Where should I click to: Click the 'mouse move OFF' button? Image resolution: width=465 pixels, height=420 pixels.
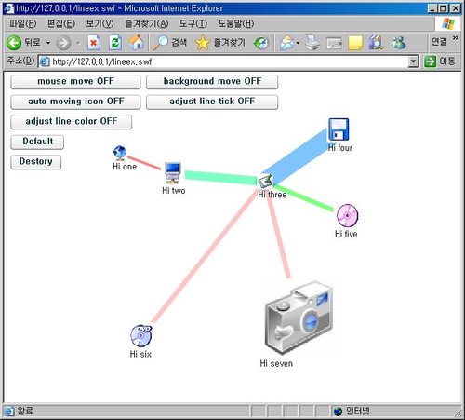[x=75, y=82]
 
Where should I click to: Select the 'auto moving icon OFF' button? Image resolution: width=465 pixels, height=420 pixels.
[x=75, y=102]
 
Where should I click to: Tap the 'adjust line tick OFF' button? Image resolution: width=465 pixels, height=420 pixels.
[x=212, y=102]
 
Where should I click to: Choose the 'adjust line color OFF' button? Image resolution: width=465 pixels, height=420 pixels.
[x=71, y=122]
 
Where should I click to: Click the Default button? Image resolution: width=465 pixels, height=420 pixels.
[x=37, y=142]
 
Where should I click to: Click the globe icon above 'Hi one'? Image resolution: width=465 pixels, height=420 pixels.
[x=120, y=152]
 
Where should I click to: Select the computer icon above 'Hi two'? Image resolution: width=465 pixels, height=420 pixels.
[x=172, y=172]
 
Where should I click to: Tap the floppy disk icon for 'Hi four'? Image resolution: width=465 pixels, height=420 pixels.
[x=339, y=129]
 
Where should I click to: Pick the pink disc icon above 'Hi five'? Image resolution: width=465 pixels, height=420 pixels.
[x=347, y=215]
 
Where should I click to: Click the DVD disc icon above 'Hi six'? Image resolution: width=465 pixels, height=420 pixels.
[x=141, y=335]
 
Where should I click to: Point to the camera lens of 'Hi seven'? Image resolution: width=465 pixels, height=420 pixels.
[x=310, y=321]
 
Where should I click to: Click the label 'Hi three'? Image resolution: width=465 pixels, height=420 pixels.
[x=272, y=195]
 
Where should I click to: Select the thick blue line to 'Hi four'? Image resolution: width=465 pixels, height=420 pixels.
[x=295, y=156]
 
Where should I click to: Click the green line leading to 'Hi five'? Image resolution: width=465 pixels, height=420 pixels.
[x=304, y=198]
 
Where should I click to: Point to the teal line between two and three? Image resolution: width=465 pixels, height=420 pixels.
[x=221, y=178]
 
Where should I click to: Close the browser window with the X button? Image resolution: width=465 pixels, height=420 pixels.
[x=456, y=8]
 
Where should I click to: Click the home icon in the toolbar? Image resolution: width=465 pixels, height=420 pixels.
[x=136, y=42]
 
